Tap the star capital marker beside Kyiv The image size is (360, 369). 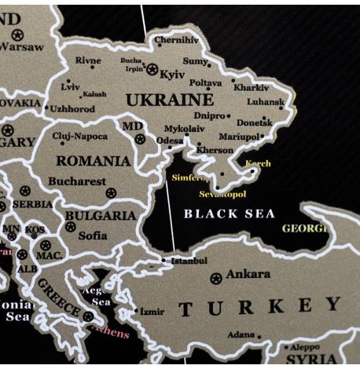pyautogui.click(x=152, y=70)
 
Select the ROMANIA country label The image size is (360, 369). pyautogui.click(x=93, y=161)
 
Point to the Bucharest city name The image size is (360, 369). pyautogui.click(x=76, y=181)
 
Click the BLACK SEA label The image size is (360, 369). pyautogui.click(x=229, y=214)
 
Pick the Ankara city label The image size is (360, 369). pyautogui.click(x=248, y=274)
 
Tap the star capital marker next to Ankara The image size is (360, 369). pyautogui.click(x=216, y=278)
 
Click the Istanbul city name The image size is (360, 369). pyautogui.click(x=189, y=261)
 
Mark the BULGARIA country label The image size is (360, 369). pyautogui.click(x=100, y=215)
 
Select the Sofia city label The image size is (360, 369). pyautogui.click(x=93, y=234)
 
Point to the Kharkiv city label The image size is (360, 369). pyautogui.click(x=251, y=88)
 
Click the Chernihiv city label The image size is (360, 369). pyautogui.click(x=177, y=39)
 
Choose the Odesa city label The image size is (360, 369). pyautogui.click(x=169, y=141)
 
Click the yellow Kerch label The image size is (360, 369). pyautogui.click(x=258, y=164)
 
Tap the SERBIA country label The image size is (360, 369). pyautogui.click(x=33, y=203)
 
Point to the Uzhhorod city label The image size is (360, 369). pyautogui.click(x=73, y=109)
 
